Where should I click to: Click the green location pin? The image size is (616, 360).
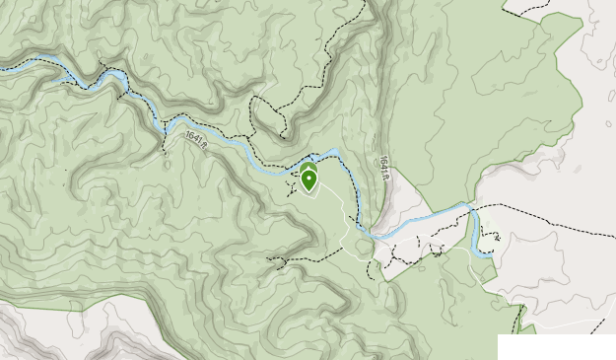pyautogui.click(x=309, y=180)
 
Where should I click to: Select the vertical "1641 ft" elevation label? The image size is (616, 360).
pyautogui.click(x=381, y=164)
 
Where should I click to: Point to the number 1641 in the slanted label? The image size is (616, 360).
pyautogui.click(x=192, y=140)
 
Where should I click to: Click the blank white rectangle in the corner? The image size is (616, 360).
pyautogui.click(x=556, y=346)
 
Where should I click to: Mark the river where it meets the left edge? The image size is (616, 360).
pyautogui.click(x=3, y=68)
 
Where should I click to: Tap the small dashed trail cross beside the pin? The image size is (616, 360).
pyautogui.click(x=293, y=182)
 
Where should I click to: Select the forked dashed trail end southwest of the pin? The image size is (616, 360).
pyautogui.click(x=278, y=261)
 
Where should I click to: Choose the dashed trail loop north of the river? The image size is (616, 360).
pyautogui.click(x=276, y=113)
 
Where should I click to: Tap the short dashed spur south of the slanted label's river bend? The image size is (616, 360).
pyautogui.click(x=163, y=143)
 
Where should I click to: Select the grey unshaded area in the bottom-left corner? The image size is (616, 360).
pyautogui.click(x=39, y=335)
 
